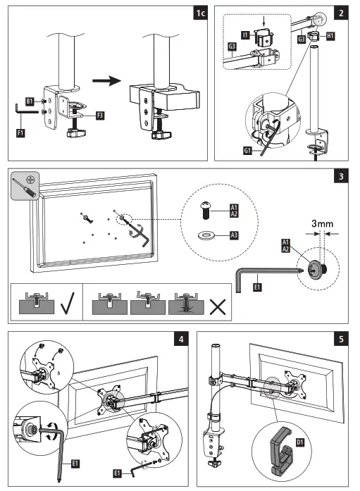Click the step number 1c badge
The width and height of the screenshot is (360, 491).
[x=200, y=13]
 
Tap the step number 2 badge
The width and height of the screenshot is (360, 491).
[x=341, y=13]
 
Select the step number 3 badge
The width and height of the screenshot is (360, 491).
[x=341, y=176]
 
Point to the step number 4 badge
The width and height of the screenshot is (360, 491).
[x=181, y=339]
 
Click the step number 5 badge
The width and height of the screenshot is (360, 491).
[x=341, y=339]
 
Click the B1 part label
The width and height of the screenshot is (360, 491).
[x=30, y=101]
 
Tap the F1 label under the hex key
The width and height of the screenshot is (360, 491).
[x=20, y=133]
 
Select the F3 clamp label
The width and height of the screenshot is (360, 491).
[x=100, y=116]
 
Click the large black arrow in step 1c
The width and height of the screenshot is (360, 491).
[x=106, y=81]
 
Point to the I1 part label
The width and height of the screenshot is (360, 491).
[x=245, y=35]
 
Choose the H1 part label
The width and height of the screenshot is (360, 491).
[x=330, y=36]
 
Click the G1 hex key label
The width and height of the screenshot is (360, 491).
[x=247, y=151]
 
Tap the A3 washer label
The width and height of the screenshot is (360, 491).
[x=234, y=235]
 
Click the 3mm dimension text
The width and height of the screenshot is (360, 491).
[x=322, y=223]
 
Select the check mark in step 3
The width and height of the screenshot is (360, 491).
[x=68, y=303]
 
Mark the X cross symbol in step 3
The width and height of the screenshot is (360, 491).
[x=218, y=307]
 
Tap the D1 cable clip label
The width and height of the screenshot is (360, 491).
[x=299, y=442]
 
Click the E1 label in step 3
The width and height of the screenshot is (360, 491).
[x=257, y=287]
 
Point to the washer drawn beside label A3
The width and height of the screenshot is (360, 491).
[x=205, y=235]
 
